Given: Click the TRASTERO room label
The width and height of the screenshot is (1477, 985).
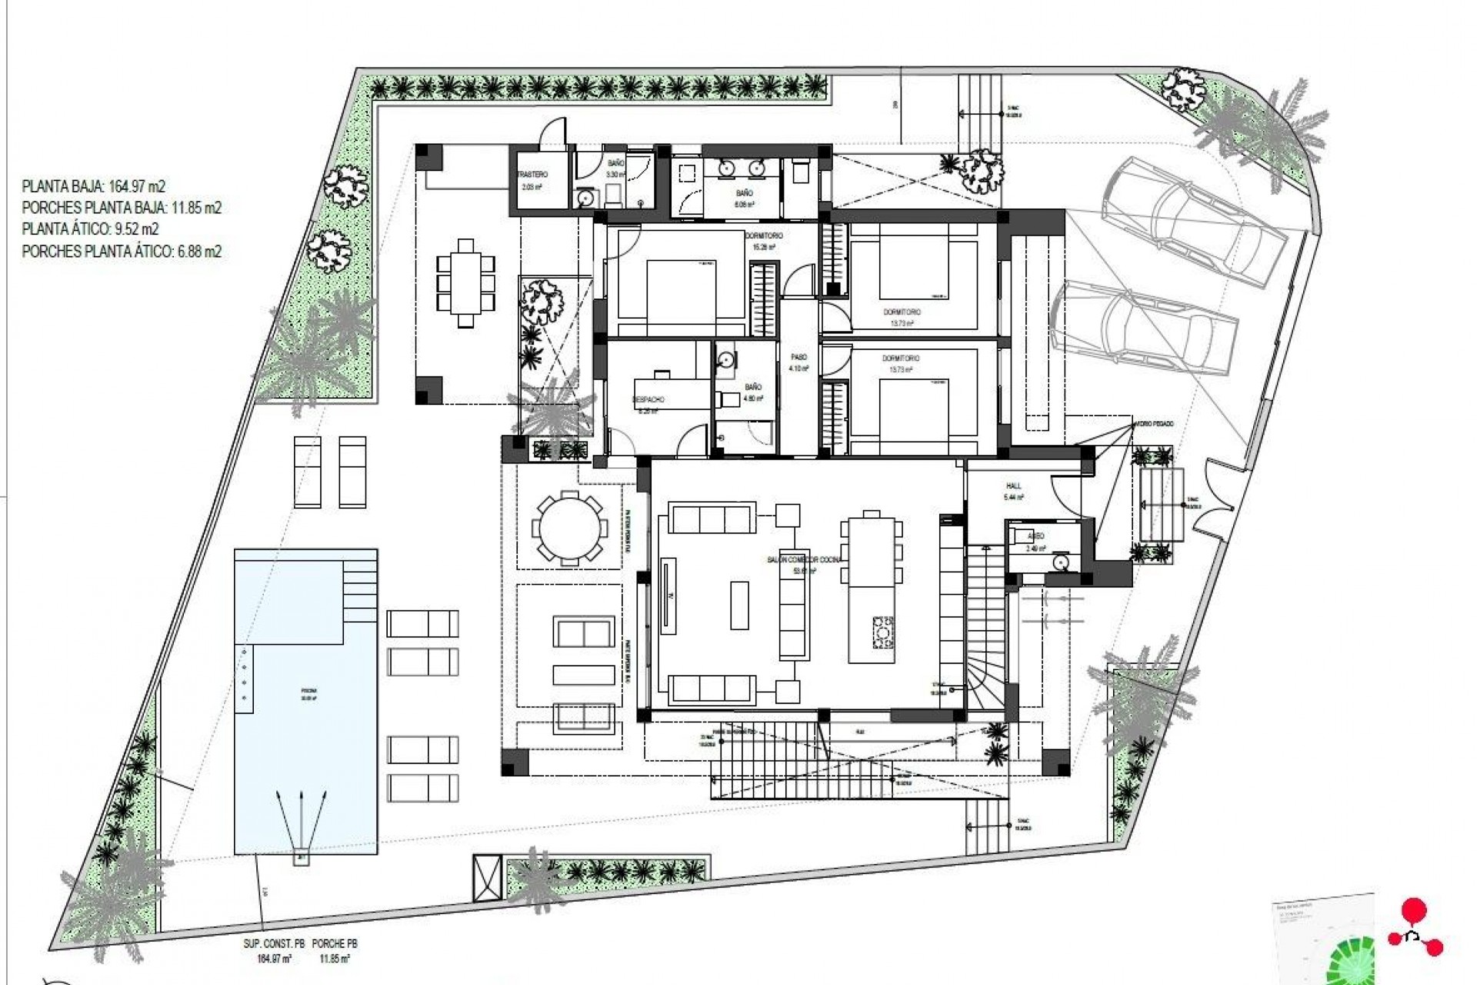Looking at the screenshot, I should (532, 175).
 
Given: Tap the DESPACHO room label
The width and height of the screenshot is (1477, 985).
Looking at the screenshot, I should (648, 400).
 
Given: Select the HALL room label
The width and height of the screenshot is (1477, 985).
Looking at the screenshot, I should (1013, 486).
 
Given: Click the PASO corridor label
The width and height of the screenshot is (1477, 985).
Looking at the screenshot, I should (799, 358).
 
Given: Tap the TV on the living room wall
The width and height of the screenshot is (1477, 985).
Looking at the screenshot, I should (667, 596).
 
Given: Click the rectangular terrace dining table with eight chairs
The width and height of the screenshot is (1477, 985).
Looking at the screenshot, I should (465, 283).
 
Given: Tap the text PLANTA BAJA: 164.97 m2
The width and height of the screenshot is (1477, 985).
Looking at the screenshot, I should (94, 186).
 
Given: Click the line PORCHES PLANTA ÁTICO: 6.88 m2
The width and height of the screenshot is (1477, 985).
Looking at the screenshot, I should (122, 251).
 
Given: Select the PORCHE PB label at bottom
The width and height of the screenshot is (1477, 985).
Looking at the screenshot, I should (335, 943).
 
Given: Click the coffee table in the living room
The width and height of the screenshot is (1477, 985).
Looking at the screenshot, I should (739, 605).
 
